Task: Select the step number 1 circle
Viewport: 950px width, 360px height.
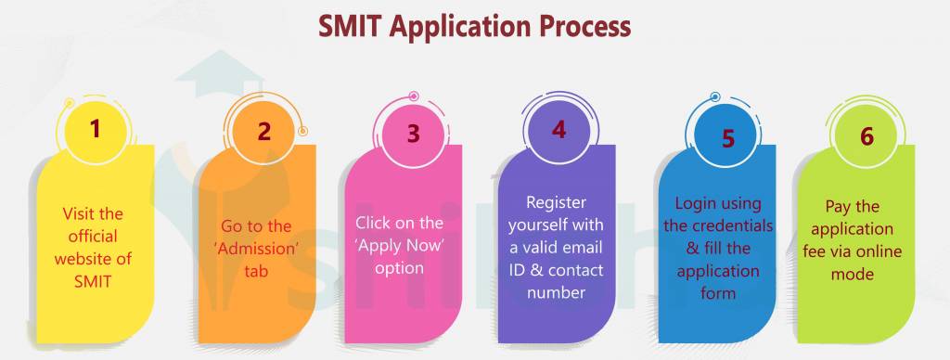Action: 95,129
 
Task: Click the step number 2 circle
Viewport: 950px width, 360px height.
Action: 264,131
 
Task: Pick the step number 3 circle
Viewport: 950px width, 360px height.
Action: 413,133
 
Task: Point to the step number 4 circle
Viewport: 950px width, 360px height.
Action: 558,129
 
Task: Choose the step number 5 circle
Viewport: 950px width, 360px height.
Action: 728,138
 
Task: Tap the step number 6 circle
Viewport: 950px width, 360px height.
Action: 867,136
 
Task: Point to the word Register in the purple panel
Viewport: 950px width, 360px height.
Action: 557,202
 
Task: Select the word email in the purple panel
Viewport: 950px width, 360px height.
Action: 580,247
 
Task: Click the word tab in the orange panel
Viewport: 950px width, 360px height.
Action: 256,273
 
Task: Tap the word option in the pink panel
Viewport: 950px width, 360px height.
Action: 400,268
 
